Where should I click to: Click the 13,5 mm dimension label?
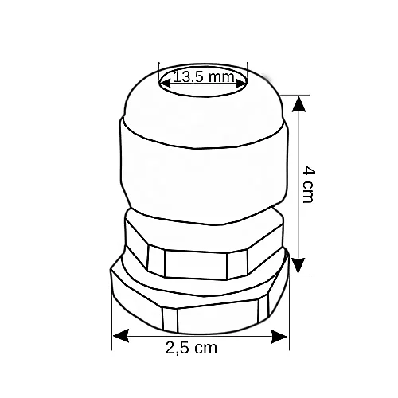point(204,77)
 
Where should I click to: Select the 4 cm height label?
point(309,185)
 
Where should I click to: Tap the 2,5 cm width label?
point(191,348)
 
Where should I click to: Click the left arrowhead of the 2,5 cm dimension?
point(121,336)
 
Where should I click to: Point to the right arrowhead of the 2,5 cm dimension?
point(279,337)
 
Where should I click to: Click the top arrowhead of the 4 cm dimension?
point(299,104)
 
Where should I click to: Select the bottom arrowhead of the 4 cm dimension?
point(299,266)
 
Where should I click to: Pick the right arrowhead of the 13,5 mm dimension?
point(240,83)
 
